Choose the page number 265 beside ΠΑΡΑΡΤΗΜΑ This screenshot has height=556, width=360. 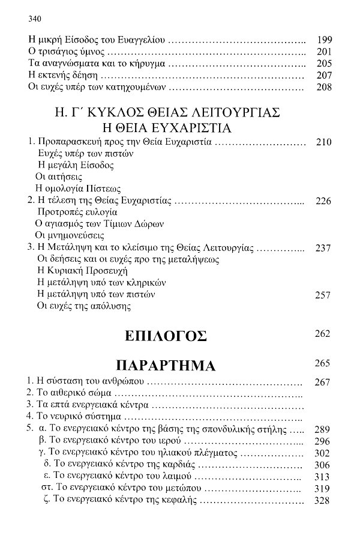(x=322, y=363)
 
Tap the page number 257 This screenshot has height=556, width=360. (x=322, y=294)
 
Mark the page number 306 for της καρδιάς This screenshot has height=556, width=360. (x=322, y=465)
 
